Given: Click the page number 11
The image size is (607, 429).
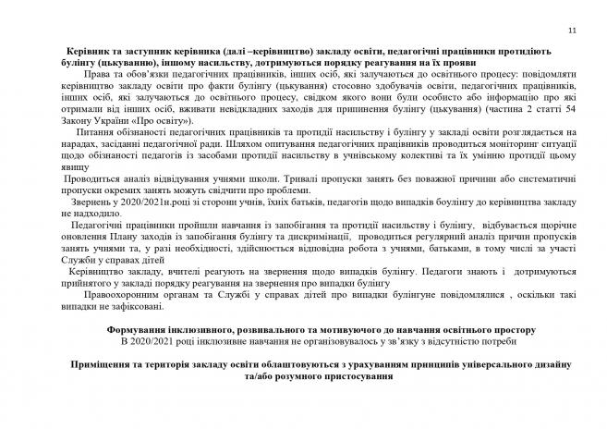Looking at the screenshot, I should pyautogui.click(x=572, y=31).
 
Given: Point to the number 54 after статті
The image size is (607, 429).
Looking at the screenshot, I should pyautogui.click(x=573, y=111).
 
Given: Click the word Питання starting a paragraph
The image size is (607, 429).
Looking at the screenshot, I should pyautogui.click(x=103, y=136).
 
